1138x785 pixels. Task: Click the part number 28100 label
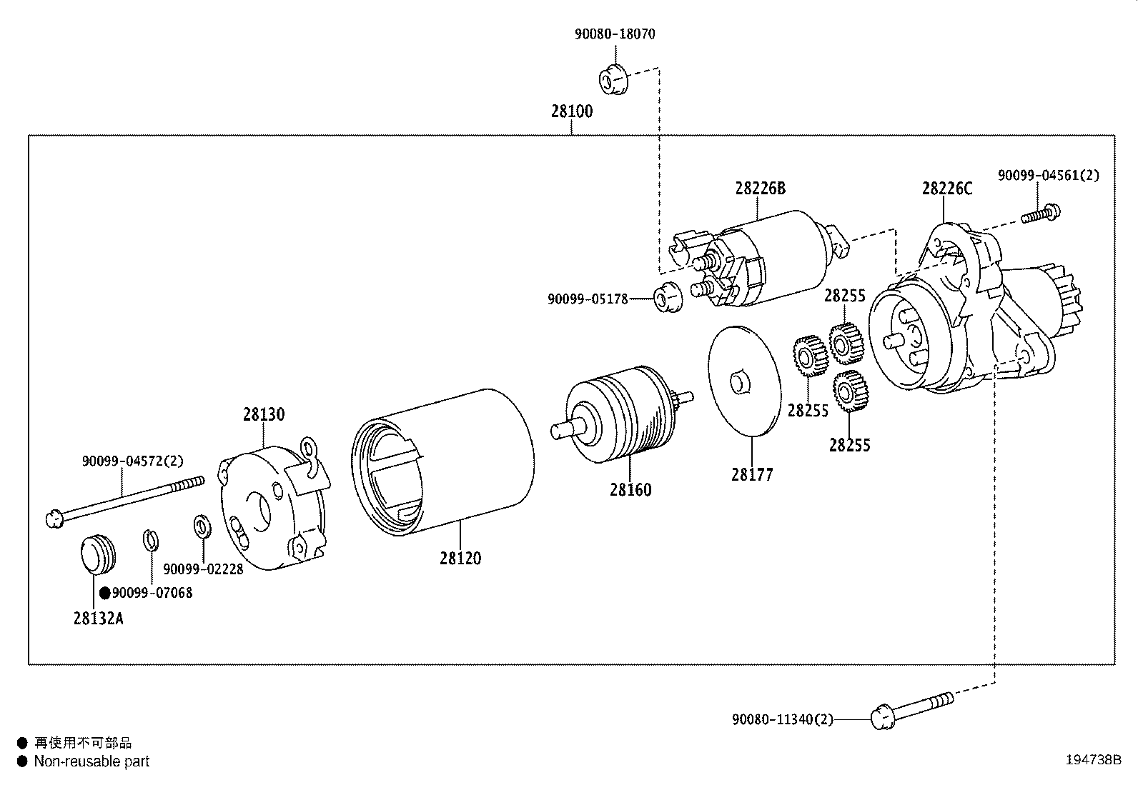[571, 112]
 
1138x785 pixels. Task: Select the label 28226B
[760, 189]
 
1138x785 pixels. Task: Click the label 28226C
[946, 189]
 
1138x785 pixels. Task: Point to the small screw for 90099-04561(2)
[1041, 213]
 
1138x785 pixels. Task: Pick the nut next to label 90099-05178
[668, 296]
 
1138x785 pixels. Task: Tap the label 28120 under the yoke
[460, 559]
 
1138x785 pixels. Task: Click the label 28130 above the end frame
[263, 414]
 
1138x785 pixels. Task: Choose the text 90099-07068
[152, 593]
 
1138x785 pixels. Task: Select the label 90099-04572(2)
[132, 461]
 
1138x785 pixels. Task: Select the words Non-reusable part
[91, 761]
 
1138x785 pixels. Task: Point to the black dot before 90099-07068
[104, 593]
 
